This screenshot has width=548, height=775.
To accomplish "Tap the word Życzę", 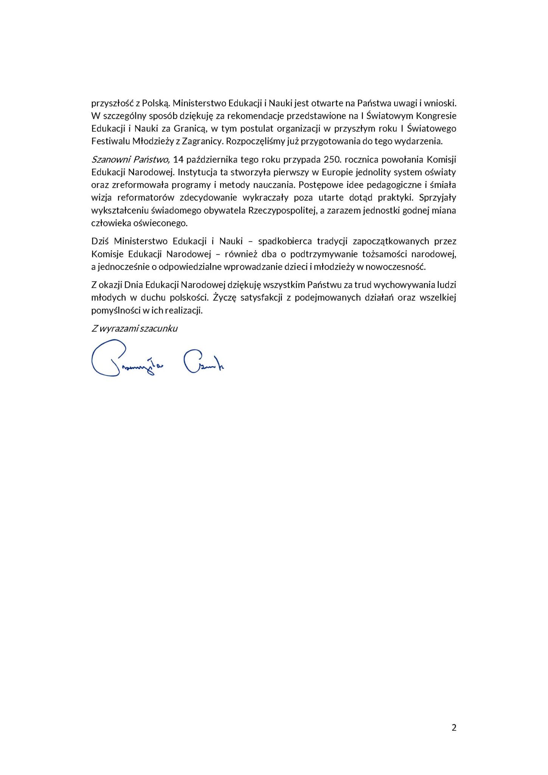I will coord(225,297).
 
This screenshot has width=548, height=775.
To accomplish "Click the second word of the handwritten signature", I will coord(203,363).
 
